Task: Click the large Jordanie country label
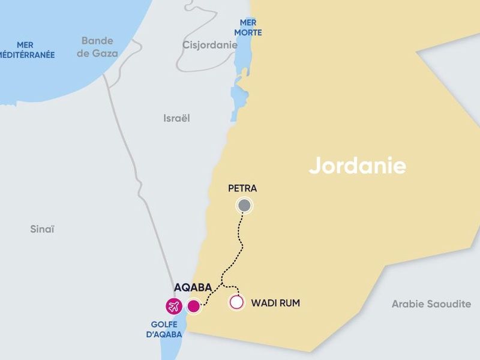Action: point(358,166)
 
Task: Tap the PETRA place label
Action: point(242,188)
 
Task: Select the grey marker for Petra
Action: point(244,206)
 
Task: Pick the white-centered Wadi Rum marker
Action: point(237,302)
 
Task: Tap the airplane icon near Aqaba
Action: point(174,306)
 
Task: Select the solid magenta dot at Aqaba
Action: point(193,307)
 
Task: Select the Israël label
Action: point(176,118)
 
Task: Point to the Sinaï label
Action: point(42,229)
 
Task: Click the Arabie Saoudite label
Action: point(431,304)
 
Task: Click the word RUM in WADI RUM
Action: point(289,303)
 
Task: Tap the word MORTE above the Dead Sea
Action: point(248,32)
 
